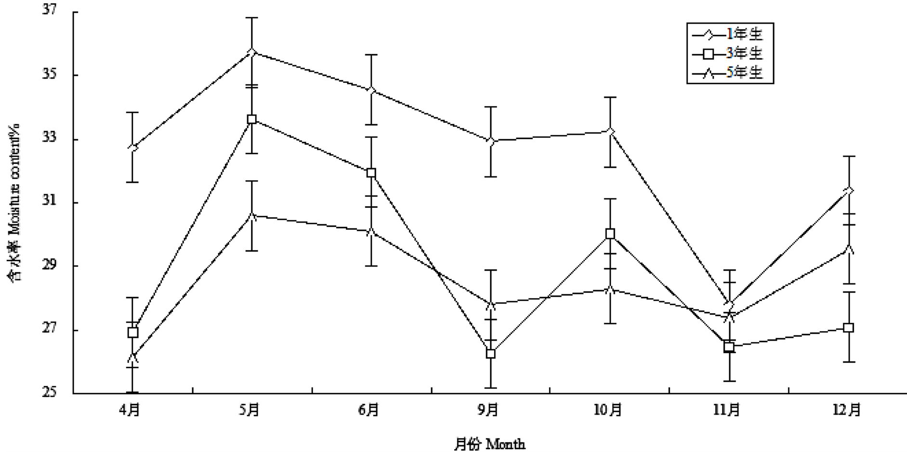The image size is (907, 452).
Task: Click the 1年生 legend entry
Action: tap(730, 34)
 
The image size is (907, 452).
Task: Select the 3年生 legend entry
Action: tap(730, 53)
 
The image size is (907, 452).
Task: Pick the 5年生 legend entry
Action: tap(730, 73)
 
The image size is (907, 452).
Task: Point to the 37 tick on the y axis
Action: tap(49, 10)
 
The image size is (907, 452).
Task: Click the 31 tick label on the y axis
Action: tap(49, 201)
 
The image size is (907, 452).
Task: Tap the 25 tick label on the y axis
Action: tap(49, 392)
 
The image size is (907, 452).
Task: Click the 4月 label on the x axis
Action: tap(130, 410)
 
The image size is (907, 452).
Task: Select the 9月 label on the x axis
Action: tap(488, 410)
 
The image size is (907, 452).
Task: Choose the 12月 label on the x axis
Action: tap(847, 410)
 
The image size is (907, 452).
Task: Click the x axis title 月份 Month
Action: tap(489, 443)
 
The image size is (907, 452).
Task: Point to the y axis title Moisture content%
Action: tap(14, 202)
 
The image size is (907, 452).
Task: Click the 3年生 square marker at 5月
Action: tap(252, 119)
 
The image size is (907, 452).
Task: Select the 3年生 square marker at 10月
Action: tap(610, 234)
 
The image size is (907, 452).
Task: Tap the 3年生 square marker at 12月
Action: tap(849, 328)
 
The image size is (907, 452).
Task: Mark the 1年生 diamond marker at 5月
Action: tap(252, 52)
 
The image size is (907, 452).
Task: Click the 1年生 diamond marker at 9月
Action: tap(491, 141)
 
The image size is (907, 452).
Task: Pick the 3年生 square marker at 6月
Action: tap(371, 173)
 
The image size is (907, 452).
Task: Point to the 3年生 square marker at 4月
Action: tap(133, 332)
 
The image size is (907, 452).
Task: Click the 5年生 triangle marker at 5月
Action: tap(252, 216)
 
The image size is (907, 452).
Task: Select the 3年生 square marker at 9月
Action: tap(491, 354)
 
